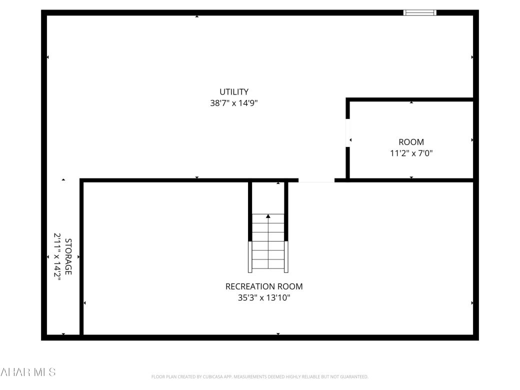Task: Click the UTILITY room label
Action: coord(234,92)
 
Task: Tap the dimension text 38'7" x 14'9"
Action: coord(234,103)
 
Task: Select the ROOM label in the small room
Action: coord(411,142)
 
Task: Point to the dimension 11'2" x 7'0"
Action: coord(411,153)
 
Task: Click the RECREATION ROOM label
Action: coord(264,286)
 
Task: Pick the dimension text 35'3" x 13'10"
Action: coord(264,298)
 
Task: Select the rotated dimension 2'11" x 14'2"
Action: coord(57,256)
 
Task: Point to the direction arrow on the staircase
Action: coord(268,216)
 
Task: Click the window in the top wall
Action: coord(420,12)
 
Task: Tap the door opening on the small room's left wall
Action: coord(348,133)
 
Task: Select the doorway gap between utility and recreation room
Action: coord(316,180)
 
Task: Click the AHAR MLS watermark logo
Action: coord(28,372)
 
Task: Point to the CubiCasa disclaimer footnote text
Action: coord(259,376)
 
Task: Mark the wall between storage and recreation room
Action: coord(81,257)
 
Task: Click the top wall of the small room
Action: coord(410,99)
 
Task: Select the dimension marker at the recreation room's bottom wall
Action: coord(278,334)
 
